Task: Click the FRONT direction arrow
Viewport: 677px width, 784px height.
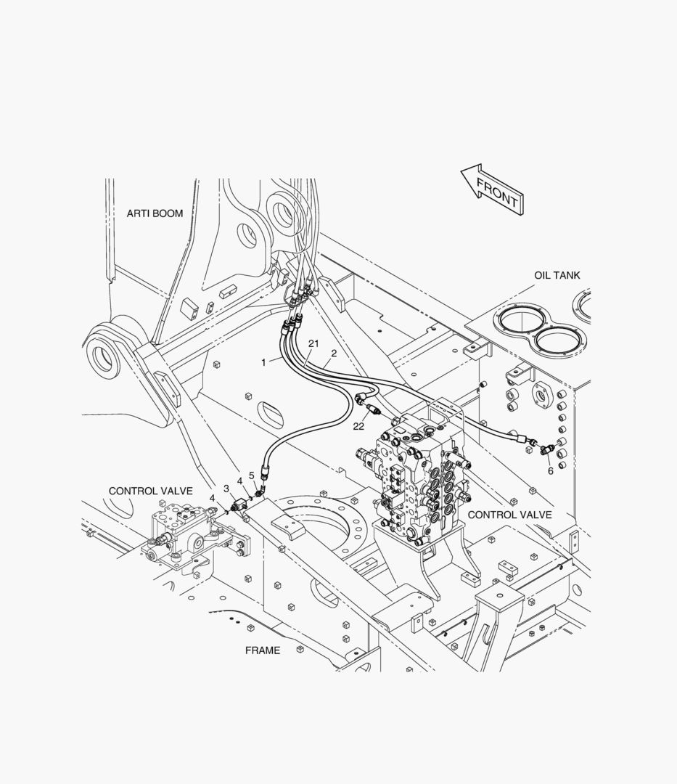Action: (x=492, y=189)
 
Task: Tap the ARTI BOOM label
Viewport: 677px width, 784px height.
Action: (x=155, y=213)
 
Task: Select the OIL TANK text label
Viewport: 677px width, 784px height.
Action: (x=557, y=275)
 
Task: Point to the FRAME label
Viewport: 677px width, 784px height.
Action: (x=262, y=650)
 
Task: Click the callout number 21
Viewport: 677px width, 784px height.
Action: (x=313, y=343)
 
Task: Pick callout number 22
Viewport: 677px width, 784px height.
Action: (x=358, y=427)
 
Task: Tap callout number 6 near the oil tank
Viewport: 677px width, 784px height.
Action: (x=551, y=470)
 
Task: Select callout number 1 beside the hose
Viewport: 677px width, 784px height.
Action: (x=264, y=362)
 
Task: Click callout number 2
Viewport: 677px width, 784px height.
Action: (x=334, y=353)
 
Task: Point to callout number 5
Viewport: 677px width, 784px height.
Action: (x=252, y=475)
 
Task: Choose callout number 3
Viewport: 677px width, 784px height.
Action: (x=226, y=489)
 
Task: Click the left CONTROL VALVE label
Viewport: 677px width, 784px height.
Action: (x=151, y=491)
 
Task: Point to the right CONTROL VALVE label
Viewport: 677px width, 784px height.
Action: (x=509, y=515)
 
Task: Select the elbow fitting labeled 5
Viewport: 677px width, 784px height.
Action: (x=259, y=494)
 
